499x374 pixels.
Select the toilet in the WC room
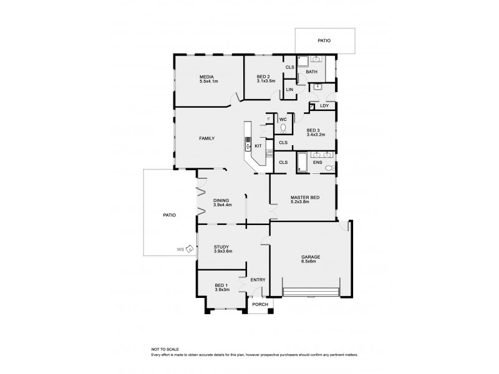[283, 128]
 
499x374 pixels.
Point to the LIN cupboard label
[289, 90]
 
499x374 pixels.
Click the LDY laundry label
[324, 106]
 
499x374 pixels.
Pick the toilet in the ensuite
[330, 168]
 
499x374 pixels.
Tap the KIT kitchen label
[258, 146]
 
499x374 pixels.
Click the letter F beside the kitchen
[269, 118]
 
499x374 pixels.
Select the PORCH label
[260, 304]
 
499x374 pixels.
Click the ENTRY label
[258, 280]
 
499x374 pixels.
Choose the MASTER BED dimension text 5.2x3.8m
[305, 203]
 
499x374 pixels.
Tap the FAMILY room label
[207, 138]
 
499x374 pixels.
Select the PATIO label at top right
[324, 41]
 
